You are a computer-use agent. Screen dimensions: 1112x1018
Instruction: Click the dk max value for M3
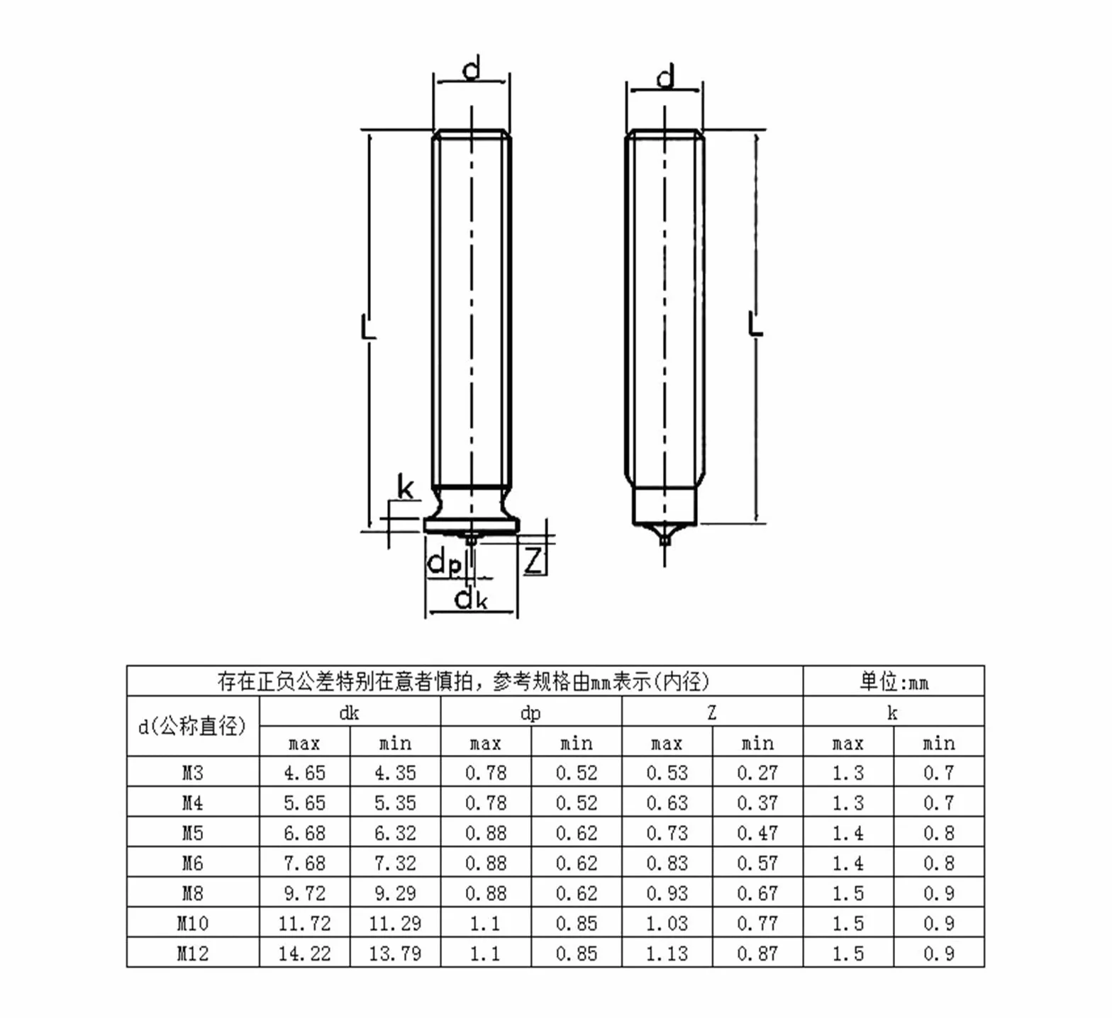tap(304, 773)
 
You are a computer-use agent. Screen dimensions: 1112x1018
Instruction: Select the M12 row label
tap(192, 953)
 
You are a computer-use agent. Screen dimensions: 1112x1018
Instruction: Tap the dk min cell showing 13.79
tap(395, 953)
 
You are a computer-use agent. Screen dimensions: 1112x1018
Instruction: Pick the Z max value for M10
tap(667, 924)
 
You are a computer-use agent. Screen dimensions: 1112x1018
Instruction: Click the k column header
tap(893, 712)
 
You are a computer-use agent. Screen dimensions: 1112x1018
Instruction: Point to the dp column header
tap(530, 713)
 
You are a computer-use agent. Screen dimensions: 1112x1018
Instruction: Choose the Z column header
tap(712, 712)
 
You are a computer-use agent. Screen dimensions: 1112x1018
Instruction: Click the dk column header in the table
tap(350, 712)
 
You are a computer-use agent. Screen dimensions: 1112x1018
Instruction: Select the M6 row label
tap(192, 863)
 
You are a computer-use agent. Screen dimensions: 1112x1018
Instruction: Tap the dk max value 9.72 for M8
tap(304, 893)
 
